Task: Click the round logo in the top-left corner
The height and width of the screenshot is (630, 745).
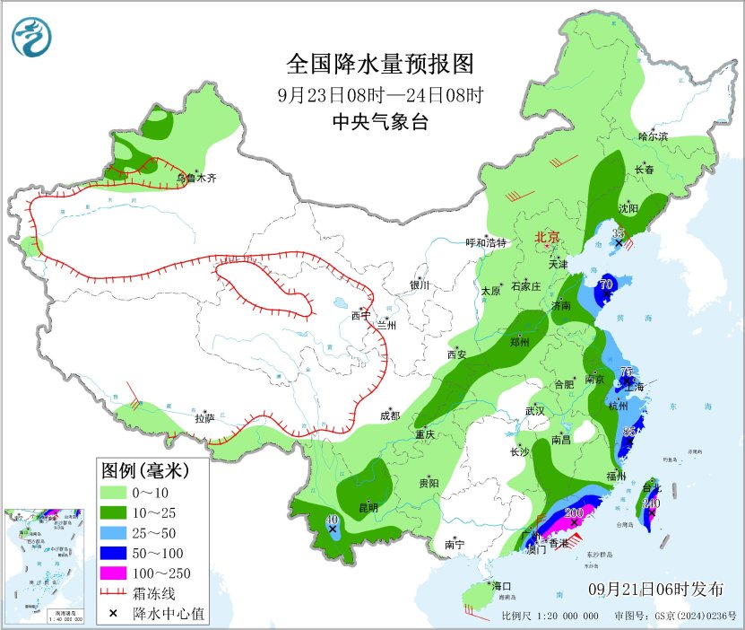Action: pyautogui.click(x=32, y=36)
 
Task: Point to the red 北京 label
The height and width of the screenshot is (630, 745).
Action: pyautogui.click(x=547, y=237)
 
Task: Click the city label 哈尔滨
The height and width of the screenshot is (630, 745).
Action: pyautogui.click(x=653, y=136)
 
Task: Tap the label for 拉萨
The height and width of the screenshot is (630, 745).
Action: pyautogui.click(x=204, y=418)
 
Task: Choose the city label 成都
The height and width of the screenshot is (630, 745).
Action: pyautogui.click(x=389, y=416)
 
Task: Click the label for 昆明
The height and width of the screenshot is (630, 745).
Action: pyautogui.click(x=368, y=508)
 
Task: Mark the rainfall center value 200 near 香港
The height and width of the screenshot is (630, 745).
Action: pyautogui.click(x=574, y=513)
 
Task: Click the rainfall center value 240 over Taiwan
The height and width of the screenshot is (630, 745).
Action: pyautogui.click(x=652, y=503)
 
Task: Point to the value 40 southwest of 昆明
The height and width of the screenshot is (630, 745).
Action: pyautogui.click(x=332, y=519)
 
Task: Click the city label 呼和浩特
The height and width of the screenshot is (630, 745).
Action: pyautogui.click(x=486, y=242)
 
